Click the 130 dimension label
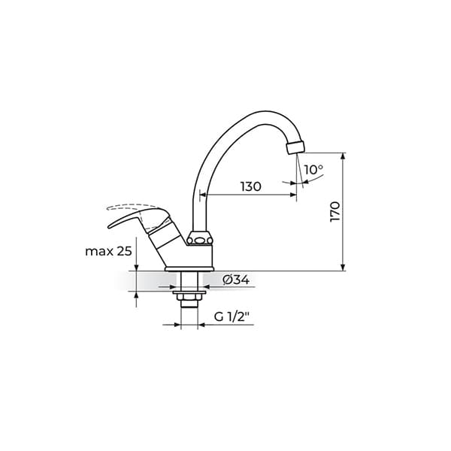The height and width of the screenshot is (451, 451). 251,186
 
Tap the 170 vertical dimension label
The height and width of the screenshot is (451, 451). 335,212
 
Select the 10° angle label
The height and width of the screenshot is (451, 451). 313,169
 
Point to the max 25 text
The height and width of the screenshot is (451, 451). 108,251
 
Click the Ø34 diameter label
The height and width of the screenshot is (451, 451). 236,280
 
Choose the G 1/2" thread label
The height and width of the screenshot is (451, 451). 232,317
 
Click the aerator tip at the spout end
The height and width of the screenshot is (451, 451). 295,147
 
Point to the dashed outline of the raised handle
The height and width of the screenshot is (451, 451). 132,207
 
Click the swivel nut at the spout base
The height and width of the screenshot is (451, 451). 200,238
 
